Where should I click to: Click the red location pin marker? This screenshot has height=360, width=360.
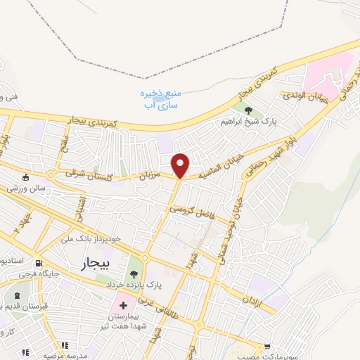click(181, 165)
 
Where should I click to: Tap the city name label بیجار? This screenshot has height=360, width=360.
click(86, 264)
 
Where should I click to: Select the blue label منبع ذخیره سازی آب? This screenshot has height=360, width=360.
click(162, 98)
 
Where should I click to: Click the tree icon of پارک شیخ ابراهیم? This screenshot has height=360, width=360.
click(247, 109)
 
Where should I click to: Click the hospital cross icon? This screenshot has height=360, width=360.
click(124, 306)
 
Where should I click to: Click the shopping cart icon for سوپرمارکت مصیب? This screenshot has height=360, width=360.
click(267, 346)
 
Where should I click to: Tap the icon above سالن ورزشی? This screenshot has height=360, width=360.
click(26, 176)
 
